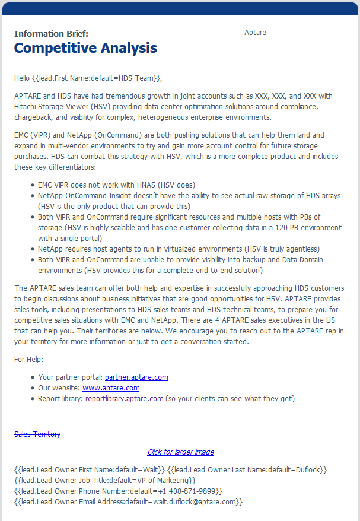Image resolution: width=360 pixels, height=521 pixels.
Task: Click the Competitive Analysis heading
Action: click(85, 48)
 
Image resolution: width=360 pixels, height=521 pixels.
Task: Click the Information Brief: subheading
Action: click(51, 33)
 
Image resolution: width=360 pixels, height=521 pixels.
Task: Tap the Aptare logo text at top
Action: click(255, 33)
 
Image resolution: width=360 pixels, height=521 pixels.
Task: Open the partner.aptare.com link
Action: click(136, 377)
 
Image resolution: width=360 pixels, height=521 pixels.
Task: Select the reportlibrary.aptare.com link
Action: click(124, 398)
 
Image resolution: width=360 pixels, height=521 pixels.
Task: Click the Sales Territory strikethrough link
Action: click(37, 434)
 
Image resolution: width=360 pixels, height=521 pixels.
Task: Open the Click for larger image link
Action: click(180, 452)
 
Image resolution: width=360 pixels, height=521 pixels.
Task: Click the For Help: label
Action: click(28, 359)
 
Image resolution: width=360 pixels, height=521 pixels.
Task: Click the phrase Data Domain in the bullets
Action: click(304, 259)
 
